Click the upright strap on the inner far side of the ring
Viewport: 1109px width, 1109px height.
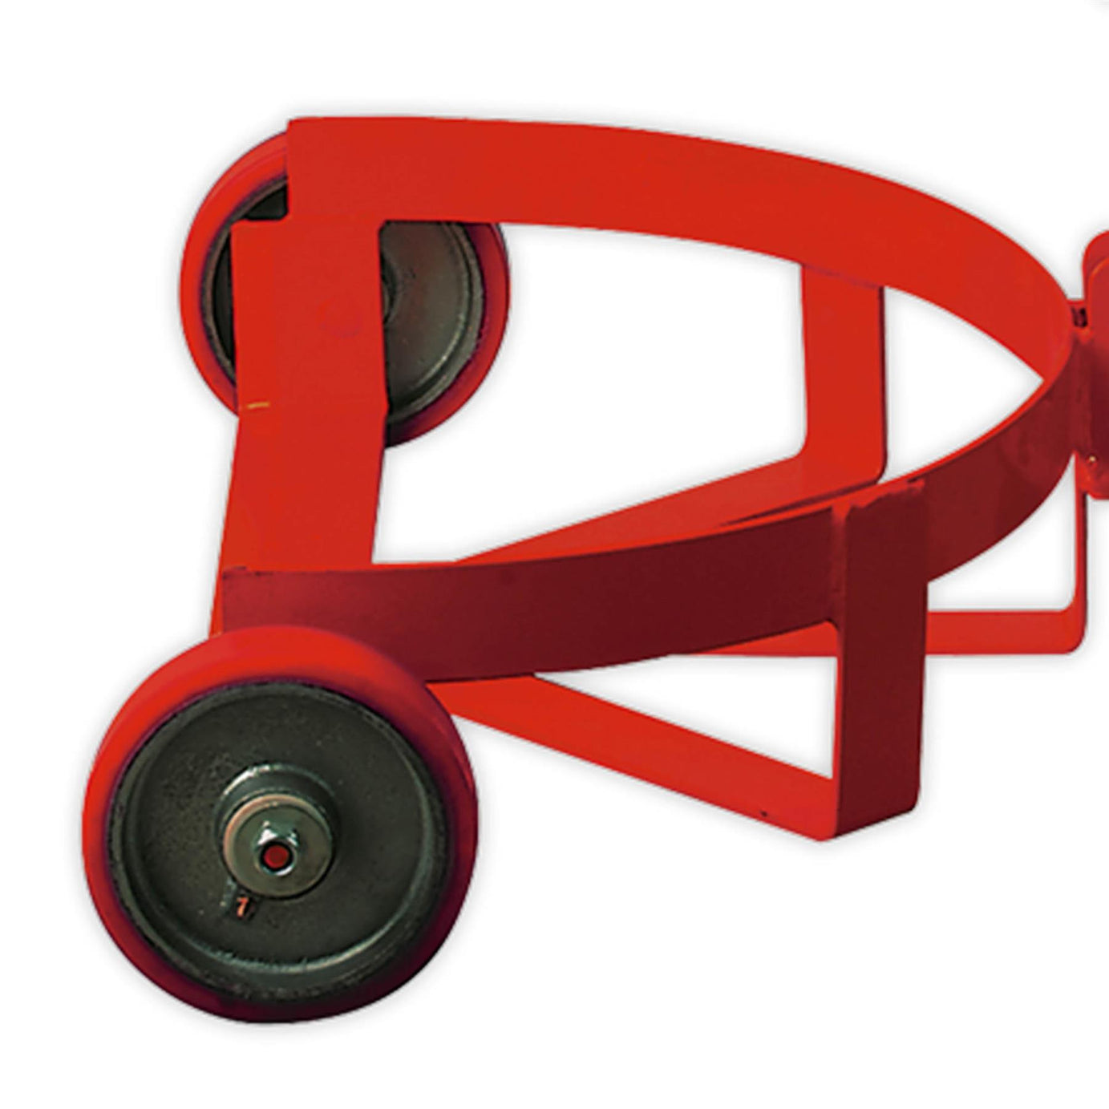click(842, 361)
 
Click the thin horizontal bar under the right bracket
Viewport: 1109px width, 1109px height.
click(1002, 617)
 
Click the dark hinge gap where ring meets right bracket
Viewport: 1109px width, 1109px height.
click(1079, 317)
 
